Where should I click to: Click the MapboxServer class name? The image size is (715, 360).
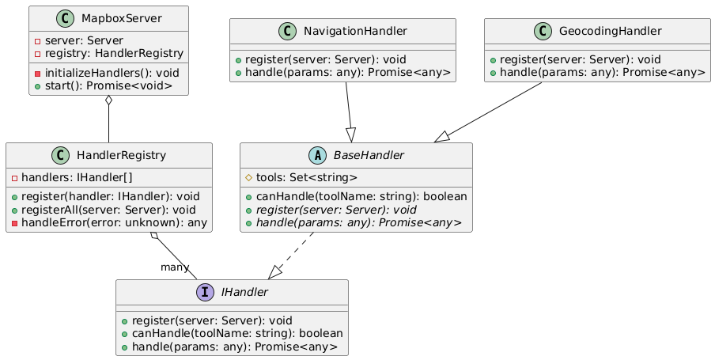pos(118,18)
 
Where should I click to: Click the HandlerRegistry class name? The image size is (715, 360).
pos(119,156)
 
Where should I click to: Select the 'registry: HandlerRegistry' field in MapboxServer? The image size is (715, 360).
pos(115,53)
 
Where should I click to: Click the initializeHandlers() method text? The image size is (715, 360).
pos(112,72)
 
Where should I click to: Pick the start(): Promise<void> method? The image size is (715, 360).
pos(110,85)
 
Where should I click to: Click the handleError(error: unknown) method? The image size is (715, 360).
pos(113,222)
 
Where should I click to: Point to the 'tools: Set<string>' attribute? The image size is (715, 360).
pos(305,177)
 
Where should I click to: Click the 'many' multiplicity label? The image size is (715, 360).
pos(175,267)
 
